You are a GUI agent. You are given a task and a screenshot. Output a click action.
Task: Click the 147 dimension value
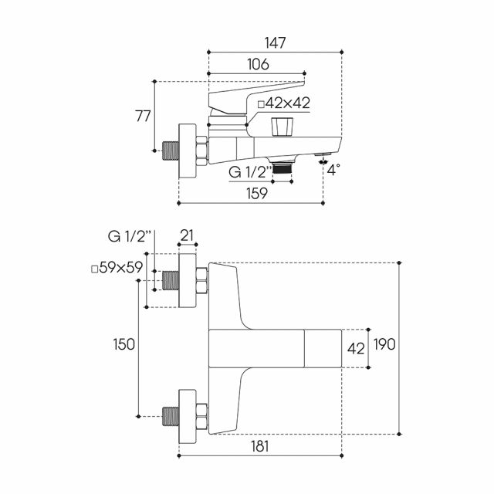coord(275,43)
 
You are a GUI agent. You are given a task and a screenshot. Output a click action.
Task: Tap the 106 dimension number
coord(258,64)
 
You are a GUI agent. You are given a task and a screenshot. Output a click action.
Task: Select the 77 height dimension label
coord(143,116)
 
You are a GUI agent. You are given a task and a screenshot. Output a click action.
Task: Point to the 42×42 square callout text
coord(284,103)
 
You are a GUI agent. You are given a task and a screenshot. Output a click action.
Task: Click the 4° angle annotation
coord(333,170)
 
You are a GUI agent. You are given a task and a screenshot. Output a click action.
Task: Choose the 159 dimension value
coord(257,193)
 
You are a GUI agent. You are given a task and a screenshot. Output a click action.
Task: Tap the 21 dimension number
coord(187,235)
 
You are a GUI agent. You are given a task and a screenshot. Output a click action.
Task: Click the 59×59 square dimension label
coord(117,268)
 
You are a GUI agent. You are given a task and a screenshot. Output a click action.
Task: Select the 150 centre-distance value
coord(123,344)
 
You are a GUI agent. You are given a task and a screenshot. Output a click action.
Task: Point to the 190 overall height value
coord(384,344)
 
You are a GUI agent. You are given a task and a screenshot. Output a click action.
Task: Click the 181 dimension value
coord(260,446)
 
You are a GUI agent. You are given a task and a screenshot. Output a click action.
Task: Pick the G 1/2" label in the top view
coord(250,172)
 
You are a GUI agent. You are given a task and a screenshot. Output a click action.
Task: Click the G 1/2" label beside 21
coord(130,236)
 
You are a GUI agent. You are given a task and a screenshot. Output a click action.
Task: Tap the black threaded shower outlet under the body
coord(283,168)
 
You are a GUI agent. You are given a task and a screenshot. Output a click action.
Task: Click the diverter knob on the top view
coord(282,127)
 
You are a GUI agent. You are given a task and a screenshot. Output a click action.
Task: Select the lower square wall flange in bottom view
coord(188,417)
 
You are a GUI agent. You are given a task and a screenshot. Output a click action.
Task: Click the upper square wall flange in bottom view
coord(188,280)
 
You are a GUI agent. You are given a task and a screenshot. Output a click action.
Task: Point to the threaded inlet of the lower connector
coord(171,417)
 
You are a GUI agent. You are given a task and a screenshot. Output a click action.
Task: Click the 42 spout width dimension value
coord(356,349)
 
